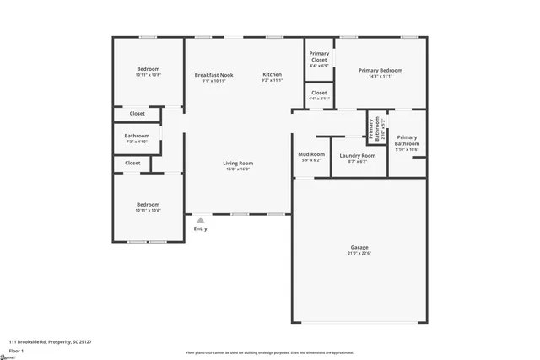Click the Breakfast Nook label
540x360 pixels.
(213, 75)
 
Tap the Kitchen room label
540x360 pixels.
(272, 75)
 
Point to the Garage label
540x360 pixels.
(359, 247)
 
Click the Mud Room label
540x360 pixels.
(311, 154)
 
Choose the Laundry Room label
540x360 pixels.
(357, 155)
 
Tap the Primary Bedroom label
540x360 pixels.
(380, 70)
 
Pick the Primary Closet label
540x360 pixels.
(319, 57)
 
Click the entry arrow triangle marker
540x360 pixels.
(200, 220)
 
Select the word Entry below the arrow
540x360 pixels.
(200, 228)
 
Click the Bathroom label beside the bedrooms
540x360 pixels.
(137, 136)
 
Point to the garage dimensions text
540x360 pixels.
(359, 253)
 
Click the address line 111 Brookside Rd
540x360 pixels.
(51, 341)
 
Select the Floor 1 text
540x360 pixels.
(16, 350)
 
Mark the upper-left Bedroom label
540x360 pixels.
(148, 69)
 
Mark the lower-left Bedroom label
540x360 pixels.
(148, 204)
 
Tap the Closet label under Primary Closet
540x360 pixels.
(319, 93)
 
